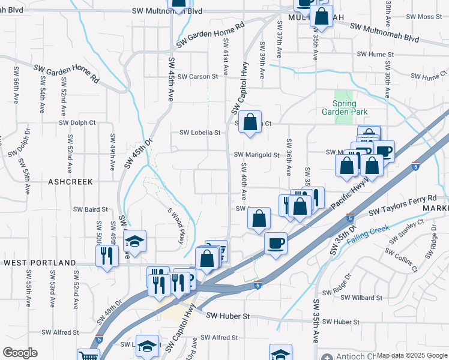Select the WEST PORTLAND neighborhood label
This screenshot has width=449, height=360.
tap(40, 263)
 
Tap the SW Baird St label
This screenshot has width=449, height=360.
tap(90, 209)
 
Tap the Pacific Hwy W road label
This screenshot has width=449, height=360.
tap(354, 197)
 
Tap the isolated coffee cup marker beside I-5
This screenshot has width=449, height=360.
tap(276, 243)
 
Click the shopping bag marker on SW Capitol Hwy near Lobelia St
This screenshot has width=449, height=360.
tap(250, 122)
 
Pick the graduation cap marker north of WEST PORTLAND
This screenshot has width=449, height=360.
tap(135, 241)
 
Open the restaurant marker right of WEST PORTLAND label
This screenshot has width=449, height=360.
tap(107, 256)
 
